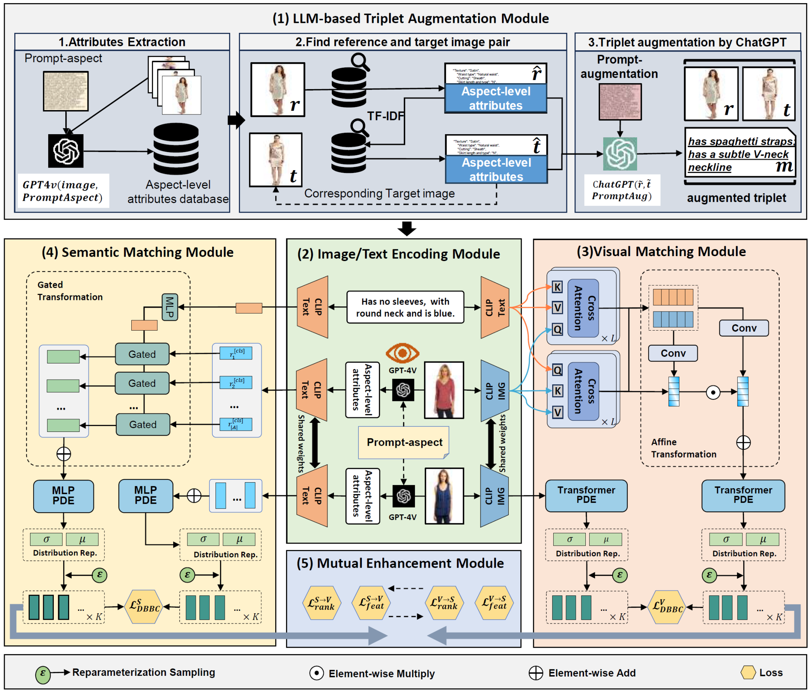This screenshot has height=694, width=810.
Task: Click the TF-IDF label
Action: (x=386, y=116)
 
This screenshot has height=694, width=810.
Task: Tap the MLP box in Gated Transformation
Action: (x=170, y=307)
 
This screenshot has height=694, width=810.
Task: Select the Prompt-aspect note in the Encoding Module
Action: (x=404, y=442)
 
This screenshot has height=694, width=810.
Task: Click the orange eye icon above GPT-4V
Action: (x=402, y=353)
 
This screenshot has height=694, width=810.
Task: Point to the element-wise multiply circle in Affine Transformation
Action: (x=713, y=392)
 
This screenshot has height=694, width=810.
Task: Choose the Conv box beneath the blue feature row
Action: (x=673, y=353)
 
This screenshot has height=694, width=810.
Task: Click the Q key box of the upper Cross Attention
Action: (x=557, y=329)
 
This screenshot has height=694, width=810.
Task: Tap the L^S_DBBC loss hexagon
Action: (x=144, y=607)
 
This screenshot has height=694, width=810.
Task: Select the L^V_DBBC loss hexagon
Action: (x=667, y=607)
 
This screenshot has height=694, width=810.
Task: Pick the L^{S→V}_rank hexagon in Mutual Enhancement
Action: (x=322, y=603)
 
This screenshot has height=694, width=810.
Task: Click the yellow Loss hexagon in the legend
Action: (x=748, y=672)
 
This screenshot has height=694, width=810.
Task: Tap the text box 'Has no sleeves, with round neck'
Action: (x=405, y=307)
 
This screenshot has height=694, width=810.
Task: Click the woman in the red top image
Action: (x=444, y=390)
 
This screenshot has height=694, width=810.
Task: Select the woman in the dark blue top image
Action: (x=444, y=496)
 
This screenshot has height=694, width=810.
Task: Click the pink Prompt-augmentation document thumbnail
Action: (x=620, y=102)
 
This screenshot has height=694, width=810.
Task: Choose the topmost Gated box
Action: (x=142, y=354)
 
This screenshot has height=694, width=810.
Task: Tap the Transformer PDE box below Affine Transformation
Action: (x=743, y=495)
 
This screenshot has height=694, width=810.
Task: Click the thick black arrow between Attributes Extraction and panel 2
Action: (x=236, y=120)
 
